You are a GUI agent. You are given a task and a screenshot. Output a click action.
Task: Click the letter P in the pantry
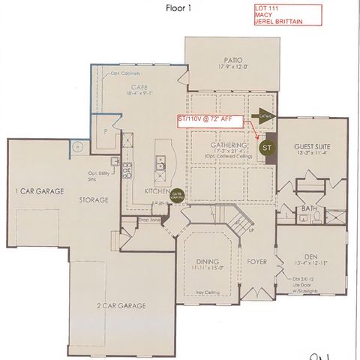tap(106, 130)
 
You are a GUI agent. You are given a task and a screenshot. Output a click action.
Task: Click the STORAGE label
tap(94, 200)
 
